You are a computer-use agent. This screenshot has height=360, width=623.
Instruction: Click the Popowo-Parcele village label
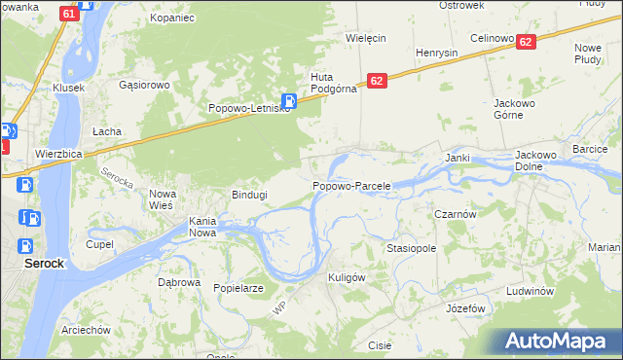[351, 185]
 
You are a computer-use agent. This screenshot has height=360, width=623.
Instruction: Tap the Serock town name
[44, 263]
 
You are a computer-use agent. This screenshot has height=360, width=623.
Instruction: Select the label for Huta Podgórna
[334, 85]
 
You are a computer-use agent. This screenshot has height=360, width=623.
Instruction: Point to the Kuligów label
[346, 277]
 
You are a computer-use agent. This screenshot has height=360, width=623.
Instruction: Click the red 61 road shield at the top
[68, 14]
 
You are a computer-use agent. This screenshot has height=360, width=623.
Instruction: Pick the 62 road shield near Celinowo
[526, 42]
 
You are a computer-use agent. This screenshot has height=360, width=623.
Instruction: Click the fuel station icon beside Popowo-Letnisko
[289, 100]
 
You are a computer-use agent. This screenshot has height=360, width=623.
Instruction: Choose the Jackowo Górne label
[523, 108]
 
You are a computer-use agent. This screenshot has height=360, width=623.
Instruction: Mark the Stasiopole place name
[411, 248]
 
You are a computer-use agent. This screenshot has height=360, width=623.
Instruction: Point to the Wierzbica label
[57, 153]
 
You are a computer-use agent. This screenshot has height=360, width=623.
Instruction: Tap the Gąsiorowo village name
[144, 85]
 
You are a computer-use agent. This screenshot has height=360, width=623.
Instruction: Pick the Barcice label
[590, 149]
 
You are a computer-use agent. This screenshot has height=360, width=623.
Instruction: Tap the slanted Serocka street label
[116, 178]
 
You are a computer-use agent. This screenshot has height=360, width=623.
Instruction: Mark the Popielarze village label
[239, 288]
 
